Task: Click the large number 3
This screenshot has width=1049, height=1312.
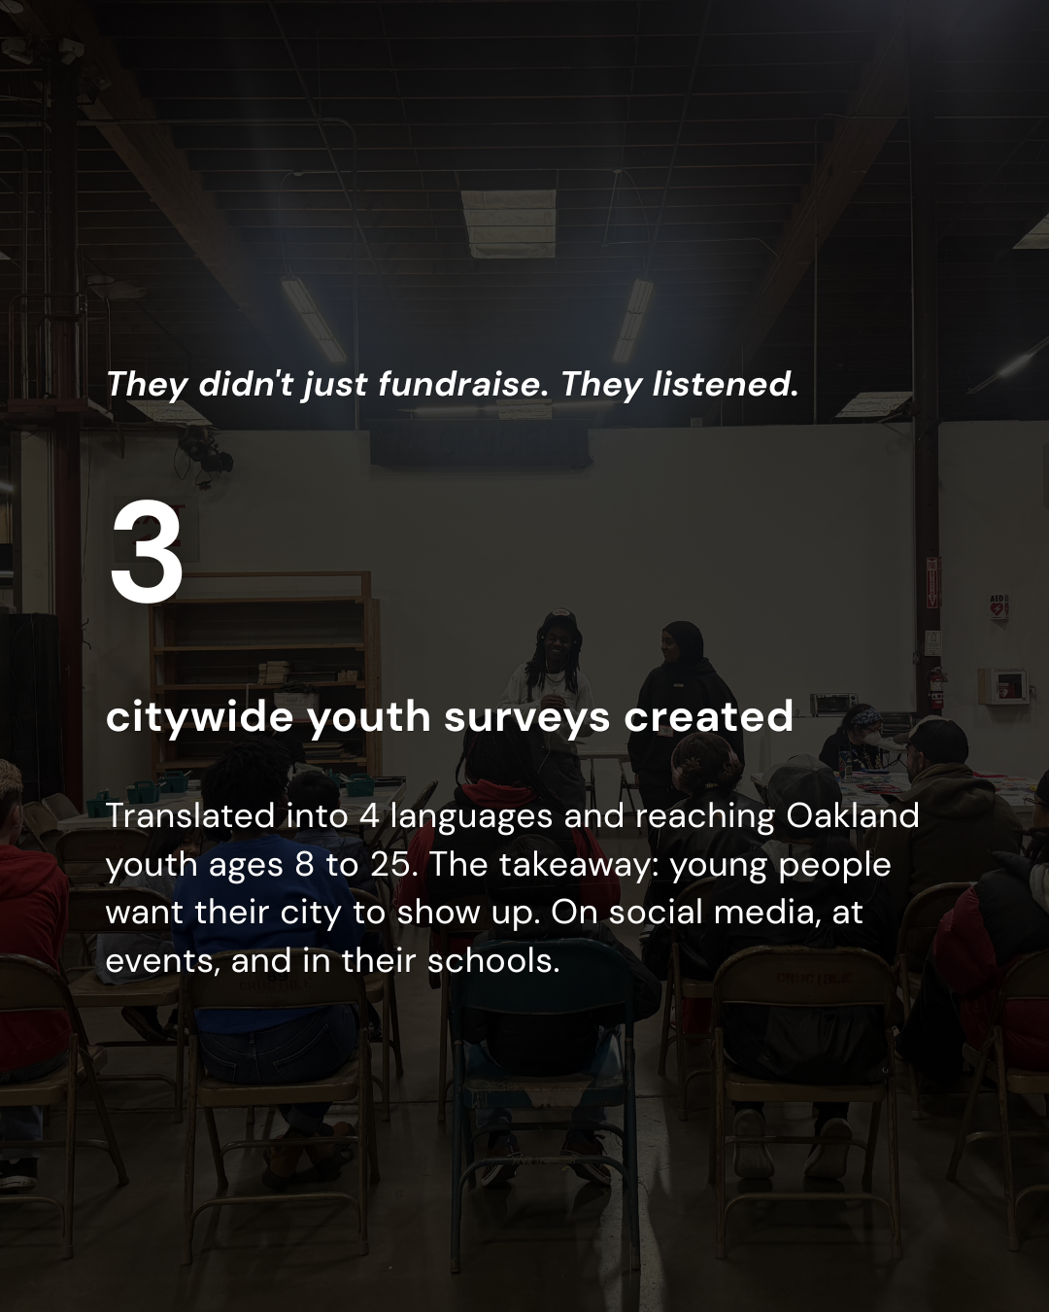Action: pyautogui.click(x=147, y=552)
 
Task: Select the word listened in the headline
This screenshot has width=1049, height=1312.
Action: pyautogui.click(x=726, y=385)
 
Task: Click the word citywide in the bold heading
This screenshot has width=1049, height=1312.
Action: pyautogui.click(x=200, y=717)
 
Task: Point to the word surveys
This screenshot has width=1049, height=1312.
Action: pyautogui.click(x=526, y=718)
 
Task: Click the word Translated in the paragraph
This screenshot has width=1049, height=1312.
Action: pyautogui.click(x=190, y=816)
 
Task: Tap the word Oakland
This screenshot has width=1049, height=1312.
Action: pyautogui.click(x=852, y=815)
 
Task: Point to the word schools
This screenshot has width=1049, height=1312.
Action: pyautogui.click(x=492, y=961)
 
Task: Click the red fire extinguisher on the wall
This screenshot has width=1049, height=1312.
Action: pyautogui.click(x=935, y=688)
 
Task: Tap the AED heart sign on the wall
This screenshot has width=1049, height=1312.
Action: pyautogui.click(x=998, y=607)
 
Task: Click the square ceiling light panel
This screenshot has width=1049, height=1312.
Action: pyautogui.click(x=508, y=224)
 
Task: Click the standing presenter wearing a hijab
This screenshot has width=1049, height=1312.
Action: pyautogui.click(x=686, y=701)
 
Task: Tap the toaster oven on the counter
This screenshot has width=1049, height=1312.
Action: pyautogui.click(x=833, y=705)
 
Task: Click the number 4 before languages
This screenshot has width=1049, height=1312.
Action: pyautogui.click(x=369, y=816)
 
